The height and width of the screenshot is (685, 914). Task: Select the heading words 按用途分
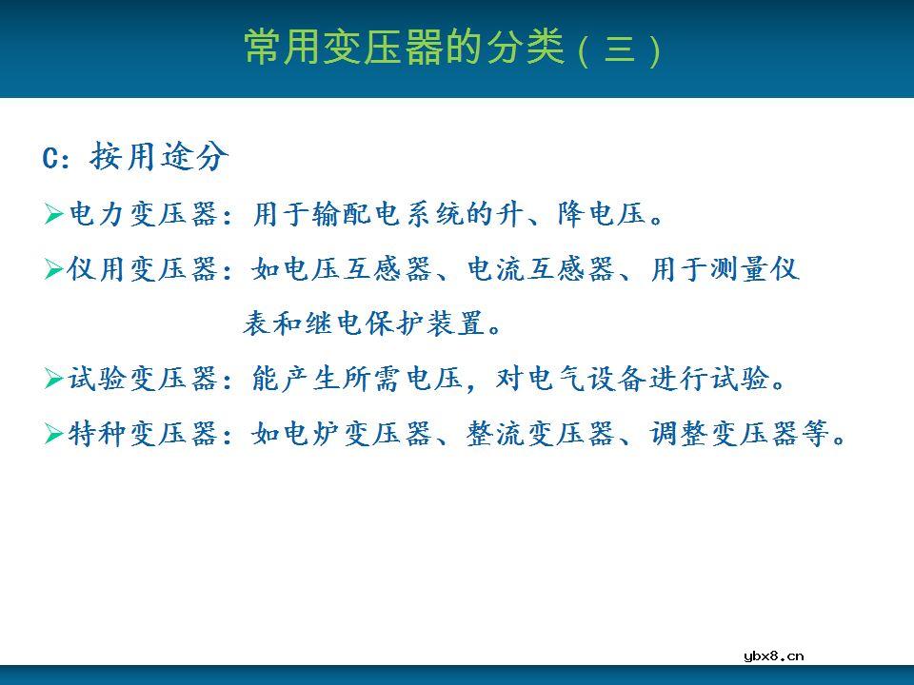[x=159, y=158]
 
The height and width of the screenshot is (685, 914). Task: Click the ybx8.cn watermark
[x=773, y=655]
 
